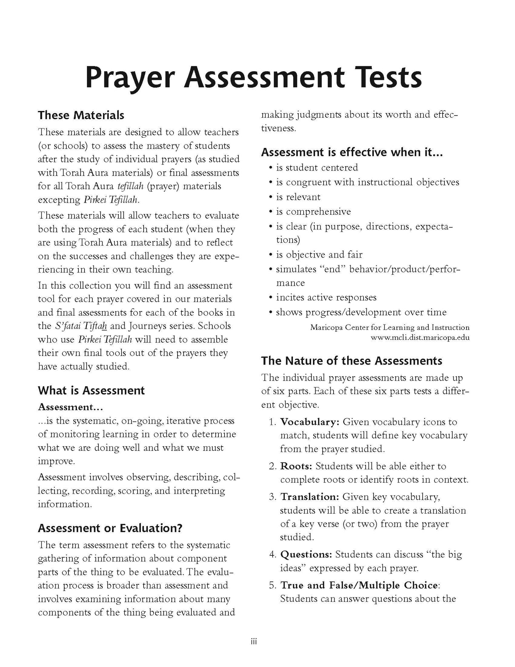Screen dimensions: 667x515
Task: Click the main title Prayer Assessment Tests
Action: [254, 78]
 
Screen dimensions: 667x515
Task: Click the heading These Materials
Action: [81, 115]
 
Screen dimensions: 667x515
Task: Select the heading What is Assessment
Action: [91, 390]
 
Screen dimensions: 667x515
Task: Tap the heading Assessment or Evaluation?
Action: [110, 528]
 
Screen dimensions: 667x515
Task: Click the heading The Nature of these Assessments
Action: [351, 361]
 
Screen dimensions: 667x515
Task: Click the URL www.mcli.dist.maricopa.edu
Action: [420, 337]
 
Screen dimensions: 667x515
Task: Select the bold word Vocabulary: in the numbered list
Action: [310, 422]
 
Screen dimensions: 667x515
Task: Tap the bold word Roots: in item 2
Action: [296, 466]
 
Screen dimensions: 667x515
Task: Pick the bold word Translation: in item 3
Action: [310, 497]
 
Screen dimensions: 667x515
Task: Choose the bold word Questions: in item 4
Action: [306, 555]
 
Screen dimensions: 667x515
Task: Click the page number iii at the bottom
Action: [253, 642]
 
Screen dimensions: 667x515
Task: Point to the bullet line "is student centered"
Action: [317, 168]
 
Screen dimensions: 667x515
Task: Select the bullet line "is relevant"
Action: [298, 197]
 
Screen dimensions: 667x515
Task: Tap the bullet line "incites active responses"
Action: [326, 297]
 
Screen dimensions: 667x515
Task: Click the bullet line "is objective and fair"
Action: [319, 255]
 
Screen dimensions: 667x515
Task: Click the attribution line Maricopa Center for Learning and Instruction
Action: [390, 327]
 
